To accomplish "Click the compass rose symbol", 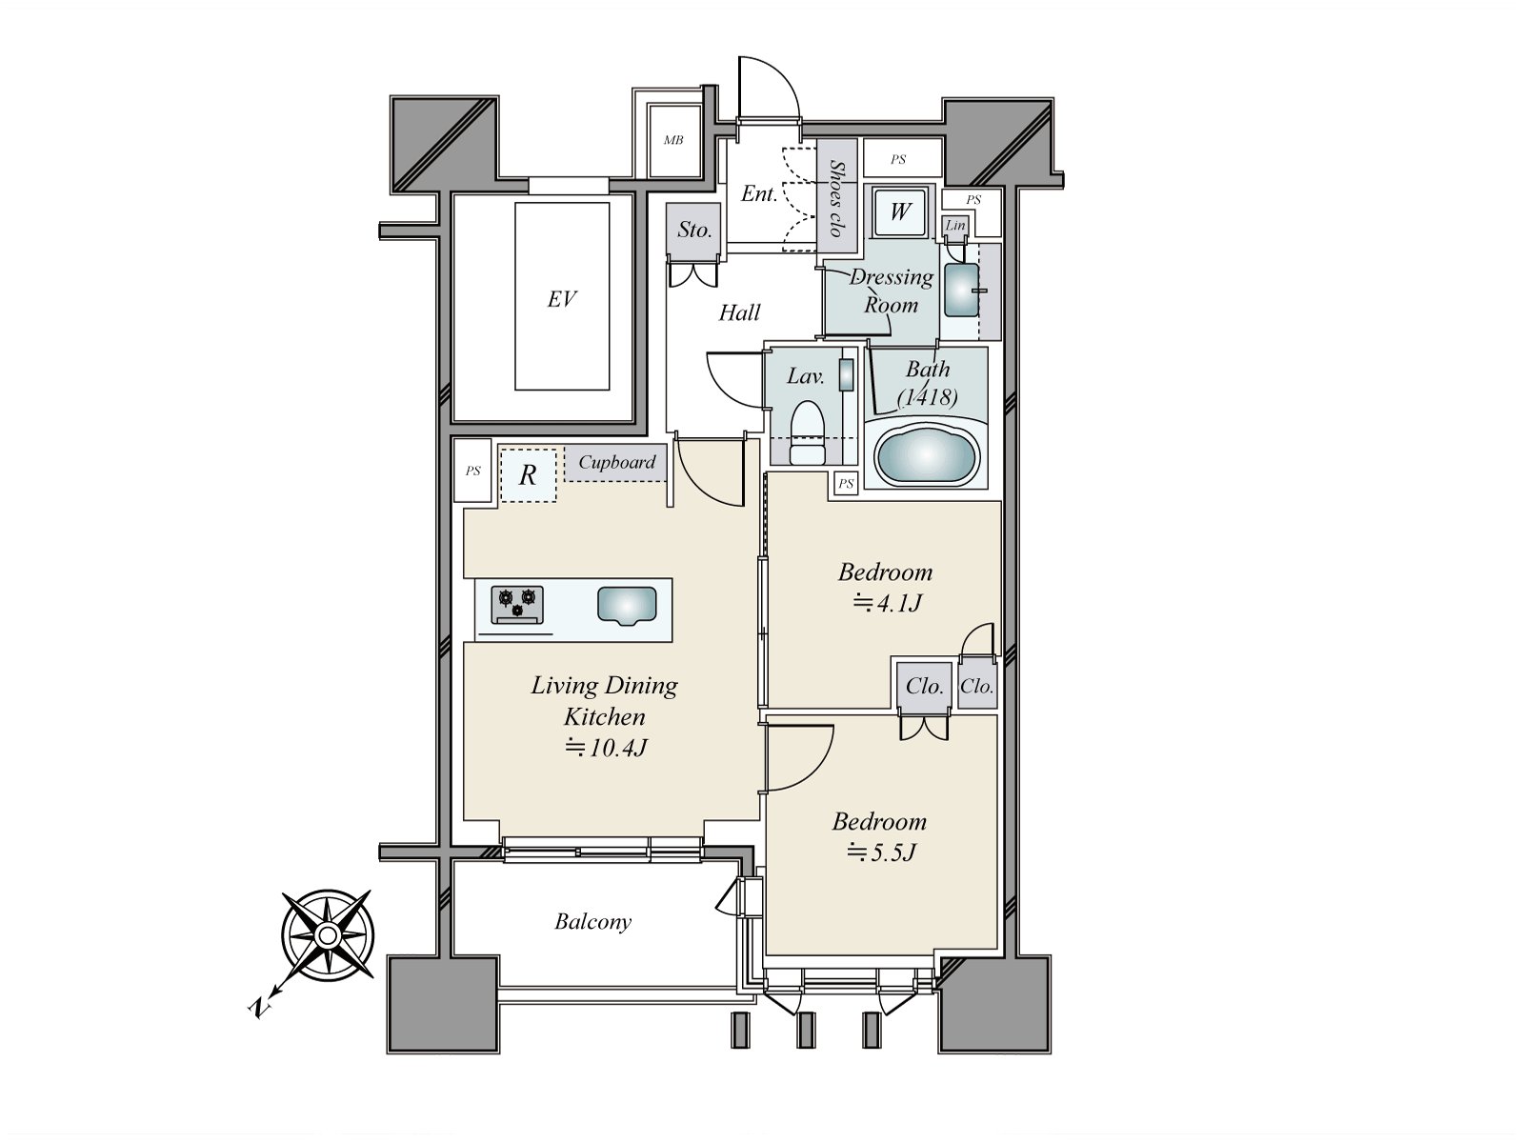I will (328, 936).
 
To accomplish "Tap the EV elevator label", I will (562, 299).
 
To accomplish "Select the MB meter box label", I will (673, 141).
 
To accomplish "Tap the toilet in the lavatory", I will (809, 430).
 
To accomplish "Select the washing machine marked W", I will (899, 211).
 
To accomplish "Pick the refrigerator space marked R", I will (528, 475).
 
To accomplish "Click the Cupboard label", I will (617, 463).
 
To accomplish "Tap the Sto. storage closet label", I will (694, 230).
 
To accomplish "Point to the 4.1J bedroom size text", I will (887, 603).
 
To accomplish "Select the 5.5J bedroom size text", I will (881, 852).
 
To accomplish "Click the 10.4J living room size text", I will (606, 748).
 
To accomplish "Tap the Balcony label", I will (592, 921).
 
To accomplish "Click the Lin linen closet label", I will (955, 226).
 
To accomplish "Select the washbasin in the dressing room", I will (961, 290).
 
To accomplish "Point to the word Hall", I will (739, 312).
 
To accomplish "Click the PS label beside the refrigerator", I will (473, 471).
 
